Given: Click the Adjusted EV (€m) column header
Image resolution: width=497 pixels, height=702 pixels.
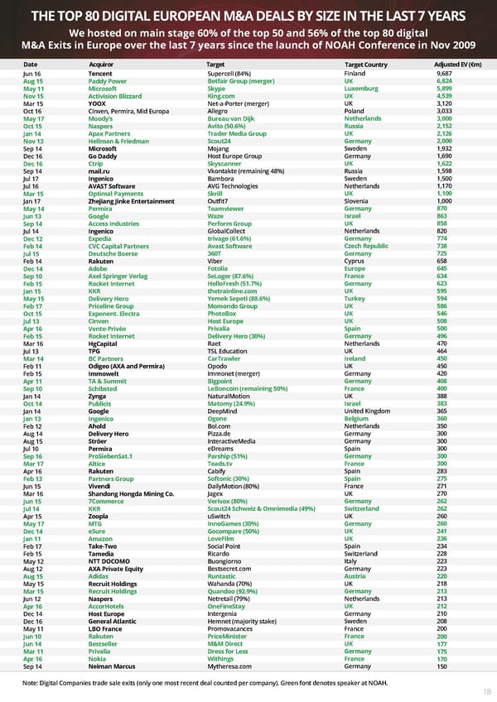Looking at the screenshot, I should point(452,65).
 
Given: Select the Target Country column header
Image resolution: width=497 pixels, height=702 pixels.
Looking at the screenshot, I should point(365,65).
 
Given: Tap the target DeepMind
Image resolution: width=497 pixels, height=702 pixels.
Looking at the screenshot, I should point(223,411).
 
